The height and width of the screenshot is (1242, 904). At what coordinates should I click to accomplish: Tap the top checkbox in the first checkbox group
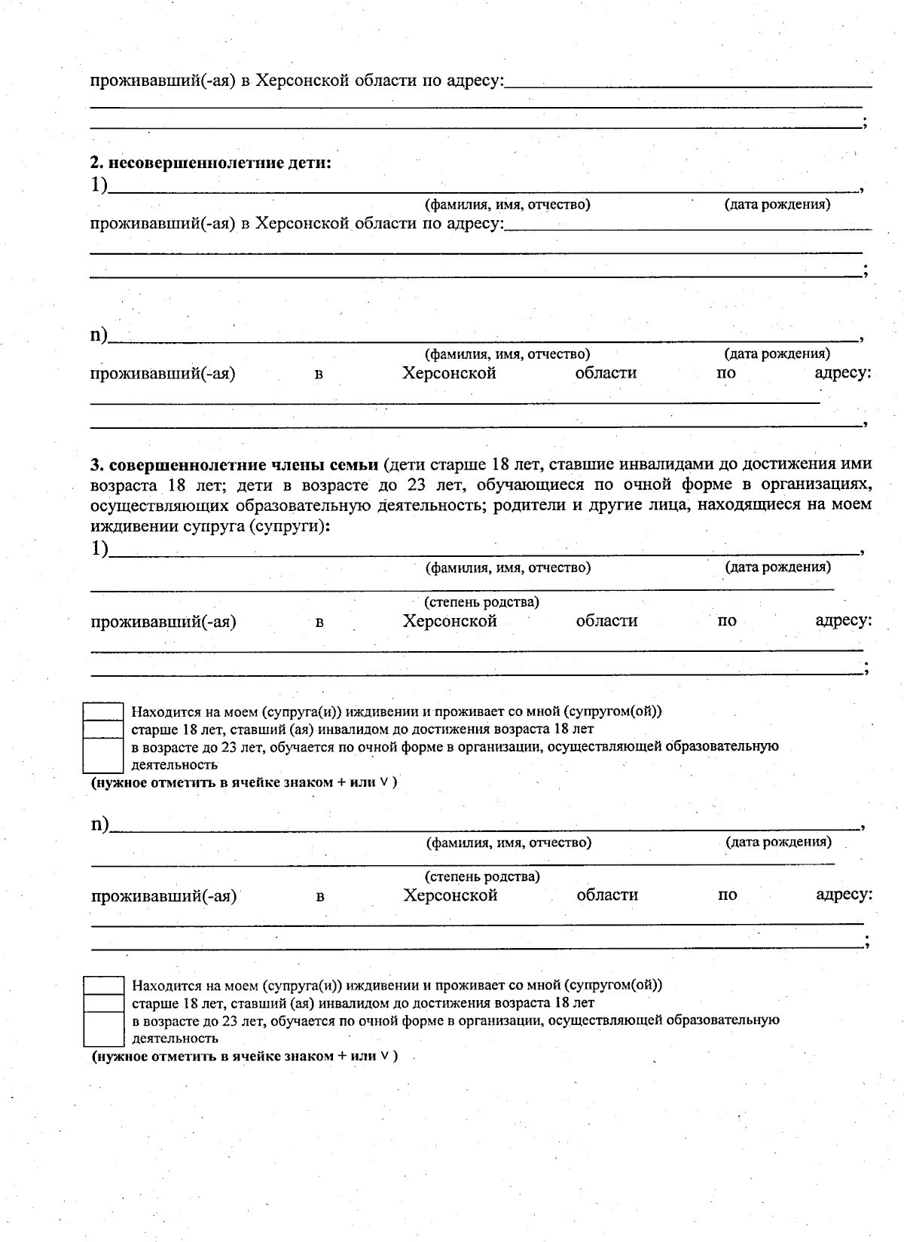click(102, 711)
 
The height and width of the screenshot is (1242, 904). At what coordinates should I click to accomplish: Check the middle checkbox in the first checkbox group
click(102, 729)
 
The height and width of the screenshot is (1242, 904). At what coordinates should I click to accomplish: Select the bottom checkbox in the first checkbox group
click(102, 755)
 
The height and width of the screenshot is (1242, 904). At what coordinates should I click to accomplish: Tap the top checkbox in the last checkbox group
click(103, 985)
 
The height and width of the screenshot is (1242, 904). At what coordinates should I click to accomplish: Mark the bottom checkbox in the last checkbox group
click(103, 1029)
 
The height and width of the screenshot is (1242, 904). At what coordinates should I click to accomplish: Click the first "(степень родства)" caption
click(482, 602)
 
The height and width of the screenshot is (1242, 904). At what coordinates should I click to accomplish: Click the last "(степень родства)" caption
click(483, 876)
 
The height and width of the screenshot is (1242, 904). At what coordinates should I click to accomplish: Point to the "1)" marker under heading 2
click(99, 185)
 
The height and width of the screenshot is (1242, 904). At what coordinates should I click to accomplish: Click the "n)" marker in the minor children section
click(99, 334)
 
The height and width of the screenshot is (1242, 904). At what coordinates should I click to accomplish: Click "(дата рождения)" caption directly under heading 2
click(777, 204)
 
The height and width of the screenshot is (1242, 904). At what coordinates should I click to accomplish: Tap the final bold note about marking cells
click(244, 1056)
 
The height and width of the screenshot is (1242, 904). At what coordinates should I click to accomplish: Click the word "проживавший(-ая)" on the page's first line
click(163, 81)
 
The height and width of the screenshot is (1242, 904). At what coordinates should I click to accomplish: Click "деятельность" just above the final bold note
click(176, 1038)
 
